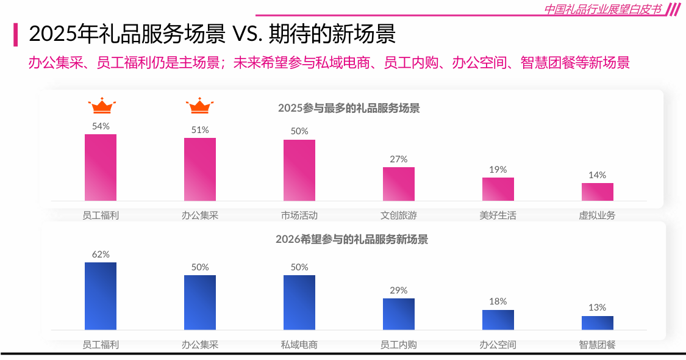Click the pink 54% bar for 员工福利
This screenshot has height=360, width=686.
click(101, 167)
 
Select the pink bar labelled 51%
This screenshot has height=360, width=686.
click(200, 169)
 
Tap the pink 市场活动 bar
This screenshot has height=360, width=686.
click(299, 170)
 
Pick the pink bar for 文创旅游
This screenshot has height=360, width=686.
click(399, 184)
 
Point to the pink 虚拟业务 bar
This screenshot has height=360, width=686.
click(598, 192)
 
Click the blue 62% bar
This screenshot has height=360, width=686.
click(101, 296)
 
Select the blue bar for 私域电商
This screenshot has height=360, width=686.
click(299, 302)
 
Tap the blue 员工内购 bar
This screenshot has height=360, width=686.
click(399, 314)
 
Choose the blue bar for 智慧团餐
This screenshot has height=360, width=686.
click(598, 323)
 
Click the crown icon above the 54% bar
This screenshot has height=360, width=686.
click(101, 106)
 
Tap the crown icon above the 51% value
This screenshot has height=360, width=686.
click(199, 106)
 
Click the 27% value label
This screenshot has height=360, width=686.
click(399, 159)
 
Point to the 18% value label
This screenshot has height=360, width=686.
click(498, 301)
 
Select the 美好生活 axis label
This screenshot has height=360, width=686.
click(498, 215)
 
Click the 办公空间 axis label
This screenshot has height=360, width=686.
click(498, 345)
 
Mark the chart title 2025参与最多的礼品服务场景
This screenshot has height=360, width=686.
click(349, 109)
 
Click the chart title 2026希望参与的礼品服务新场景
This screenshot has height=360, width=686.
click(352, 239)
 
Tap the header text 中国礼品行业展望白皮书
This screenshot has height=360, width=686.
click(602, 9)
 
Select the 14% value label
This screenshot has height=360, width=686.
click(598, 175)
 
